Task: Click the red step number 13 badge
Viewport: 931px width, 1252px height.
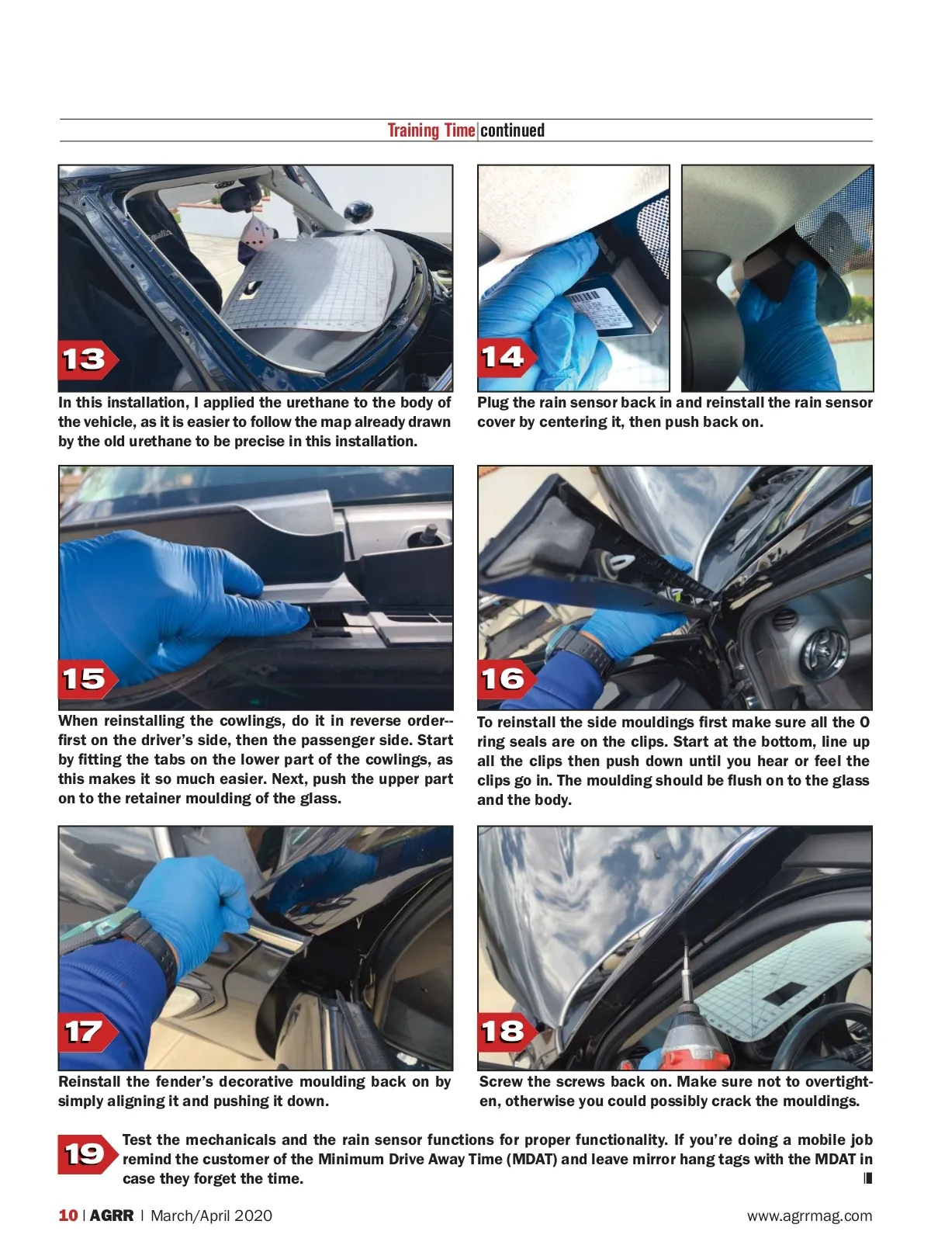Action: pyautogui.click(x=88, y=359)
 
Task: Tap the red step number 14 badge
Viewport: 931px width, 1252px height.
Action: pyautogui.click(x=506, y=357)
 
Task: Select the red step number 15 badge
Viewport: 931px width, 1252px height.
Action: pyautogui.click(x=88, y=679)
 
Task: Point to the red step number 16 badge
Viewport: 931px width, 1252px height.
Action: pyautogui.click(x=506, y=679)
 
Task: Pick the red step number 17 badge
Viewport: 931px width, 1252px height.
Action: pyautogui.click(x=88, y=1032)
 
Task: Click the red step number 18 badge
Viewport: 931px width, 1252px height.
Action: pyautogui.click(x=506, y=1032)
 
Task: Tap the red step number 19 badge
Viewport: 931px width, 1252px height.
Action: pyautogui.click(x=88, y=1154)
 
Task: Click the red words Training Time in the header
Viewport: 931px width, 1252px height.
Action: pyautogui.click(x=431, y=130)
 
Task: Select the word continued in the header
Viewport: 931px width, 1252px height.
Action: pyautogui.click(x=512, y=130)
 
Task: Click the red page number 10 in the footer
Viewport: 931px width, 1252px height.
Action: pyautogui.click(x=67, y=1216)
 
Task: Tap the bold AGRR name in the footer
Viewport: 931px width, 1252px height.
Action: pyautogui.click(x=112, y=1216)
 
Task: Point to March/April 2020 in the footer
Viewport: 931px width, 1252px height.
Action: pyautogui.click(x=211, y=1216)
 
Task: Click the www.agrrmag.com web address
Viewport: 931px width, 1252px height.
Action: pyautogui.click(x=810, y=1216)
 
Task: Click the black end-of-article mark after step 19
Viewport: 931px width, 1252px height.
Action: pyautogui.click(x=868, y=1178)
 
